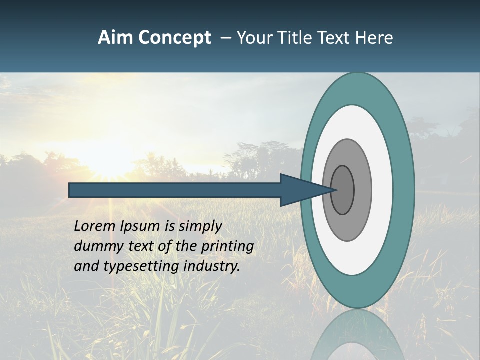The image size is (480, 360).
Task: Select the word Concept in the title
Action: tap(175, 38)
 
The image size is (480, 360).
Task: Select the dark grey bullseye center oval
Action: tap(342, 190)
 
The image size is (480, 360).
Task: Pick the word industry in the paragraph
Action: tap(212, 266)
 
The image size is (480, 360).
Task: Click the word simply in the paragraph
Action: tap(200, 226)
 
